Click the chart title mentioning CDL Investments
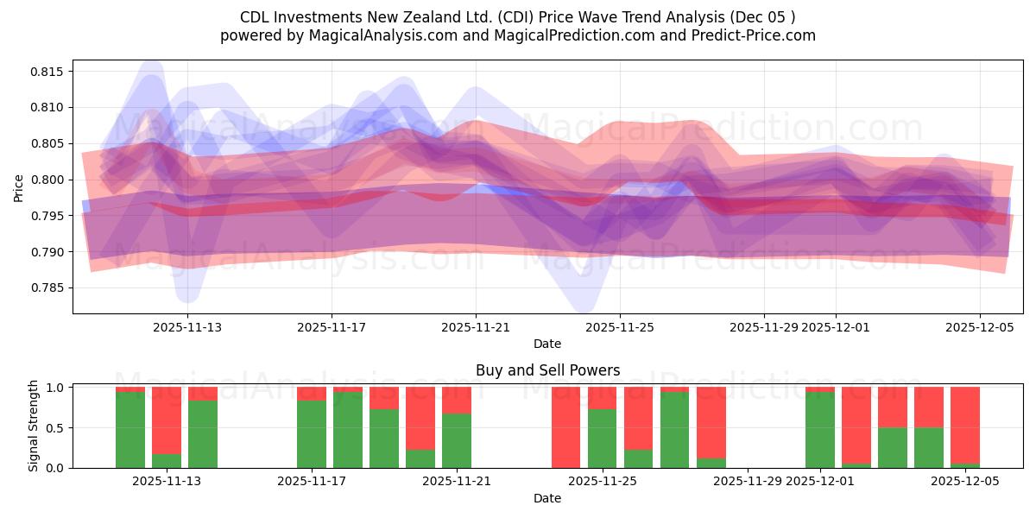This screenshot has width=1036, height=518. point(517,17)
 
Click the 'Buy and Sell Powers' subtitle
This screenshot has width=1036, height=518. point(547,370)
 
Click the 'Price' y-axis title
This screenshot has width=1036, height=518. point(19,186)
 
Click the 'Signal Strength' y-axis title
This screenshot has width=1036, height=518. point(34,426)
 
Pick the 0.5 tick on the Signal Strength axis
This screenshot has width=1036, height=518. point(56,428)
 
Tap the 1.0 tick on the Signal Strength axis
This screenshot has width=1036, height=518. point(56,388)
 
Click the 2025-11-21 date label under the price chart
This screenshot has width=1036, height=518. point(476,327)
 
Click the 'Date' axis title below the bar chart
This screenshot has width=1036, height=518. point(547,498)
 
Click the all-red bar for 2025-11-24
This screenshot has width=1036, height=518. point(566,427)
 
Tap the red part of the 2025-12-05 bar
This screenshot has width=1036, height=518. point(965,423)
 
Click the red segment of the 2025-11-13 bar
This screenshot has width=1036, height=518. point(203,393)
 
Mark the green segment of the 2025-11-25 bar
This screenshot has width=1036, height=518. point(603,438)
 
